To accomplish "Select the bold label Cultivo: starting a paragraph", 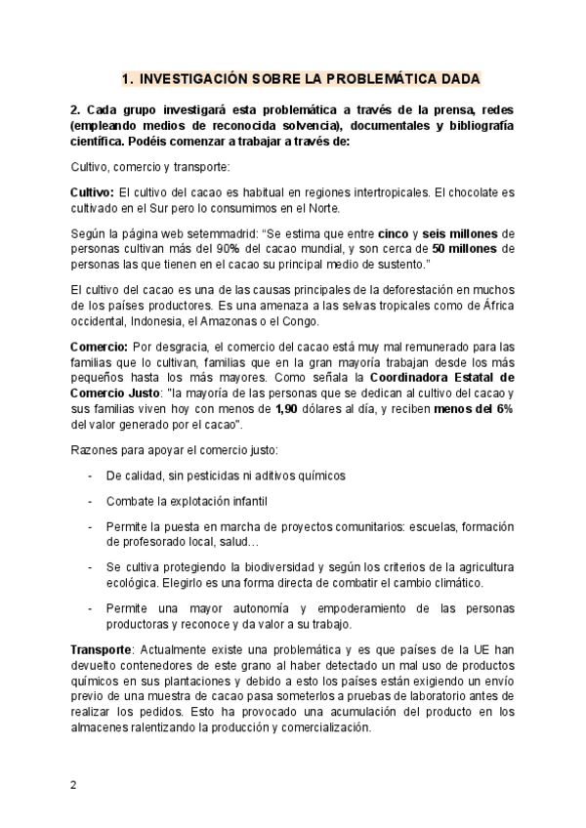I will pos(93,193).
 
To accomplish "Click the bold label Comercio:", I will pos(99,347).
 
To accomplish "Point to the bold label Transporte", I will pos(101,649).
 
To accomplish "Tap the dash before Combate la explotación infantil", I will pos(90,500).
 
